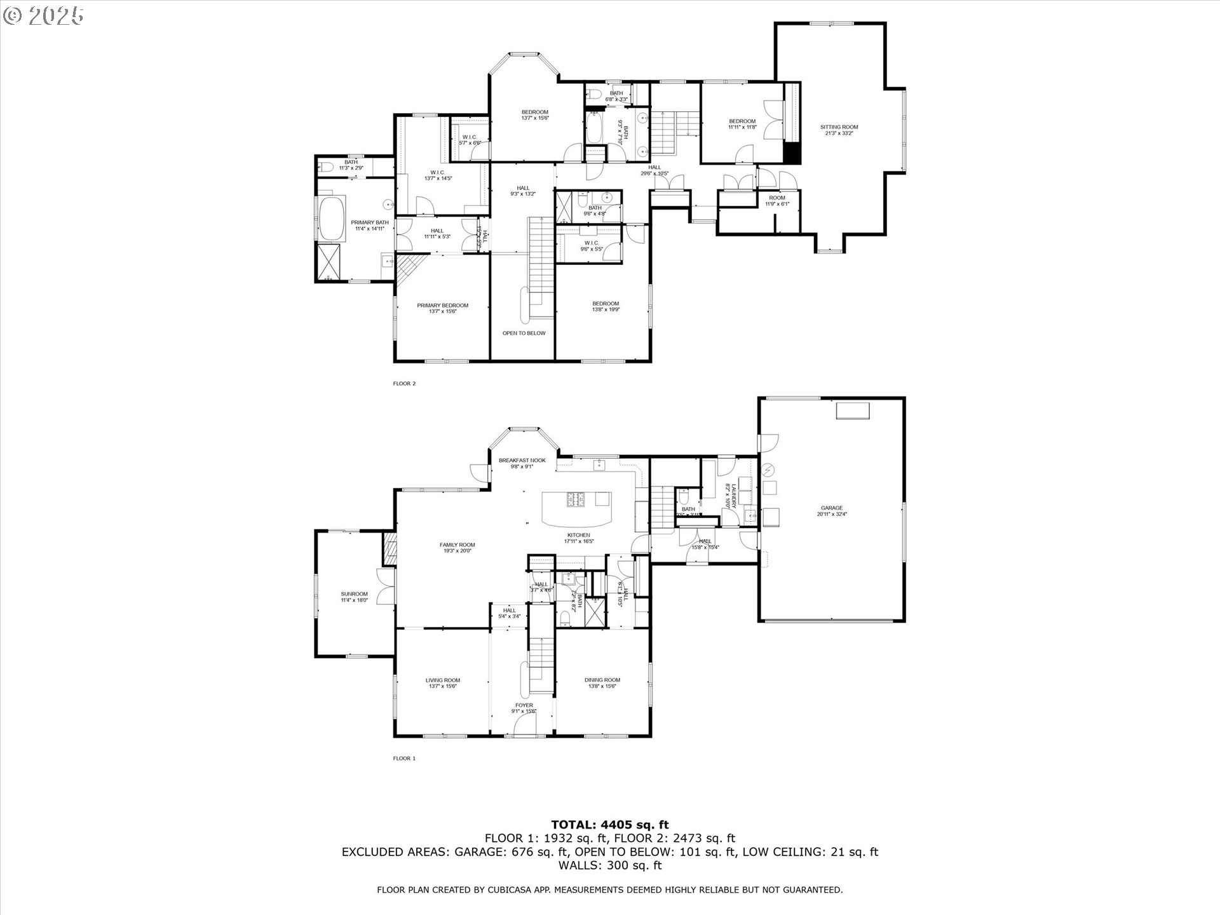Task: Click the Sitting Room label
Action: point(839,127)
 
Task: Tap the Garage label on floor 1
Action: point(831,508)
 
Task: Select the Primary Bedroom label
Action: point(442,306)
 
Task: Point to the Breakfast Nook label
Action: point(522,460)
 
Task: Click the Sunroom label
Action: point(354,594)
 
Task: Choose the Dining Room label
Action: point(602,680)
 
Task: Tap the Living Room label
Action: point(442,680)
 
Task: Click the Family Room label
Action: point(457,545)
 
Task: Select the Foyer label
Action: point(524,705)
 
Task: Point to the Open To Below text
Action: point(524,333)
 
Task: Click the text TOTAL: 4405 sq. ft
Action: point(609,825)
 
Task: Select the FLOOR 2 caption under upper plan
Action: point(404,383)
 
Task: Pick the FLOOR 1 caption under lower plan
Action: point(404,758)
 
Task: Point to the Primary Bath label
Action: point(370,222)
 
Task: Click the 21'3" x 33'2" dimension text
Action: point(839,133)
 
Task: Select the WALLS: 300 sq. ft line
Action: point(609,865)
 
